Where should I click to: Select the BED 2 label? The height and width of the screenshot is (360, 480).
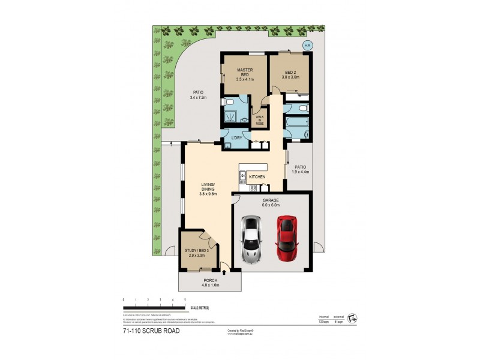click(x=290, y=75)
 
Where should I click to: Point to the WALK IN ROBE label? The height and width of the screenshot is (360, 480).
click(x=260, y=119)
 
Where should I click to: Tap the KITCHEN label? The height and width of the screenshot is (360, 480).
click(x=257, y=177)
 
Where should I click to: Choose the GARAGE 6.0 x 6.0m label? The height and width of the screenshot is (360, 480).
click(x=270, y=202)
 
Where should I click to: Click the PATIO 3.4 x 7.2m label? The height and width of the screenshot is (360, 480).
click(x=199, y=95)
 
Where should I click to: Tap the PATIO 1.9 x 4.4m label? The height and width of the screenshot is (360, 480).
click(x=300, y=169)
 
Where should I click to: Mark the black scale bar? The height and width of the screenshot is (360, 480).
click(x=154, y=308)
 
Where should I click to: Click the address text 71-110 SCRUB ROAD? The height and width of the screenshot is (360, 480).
click(x=151, y=330)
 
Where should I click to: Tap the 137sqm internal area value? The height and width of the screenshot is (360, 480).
click(x=325, y=322)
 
